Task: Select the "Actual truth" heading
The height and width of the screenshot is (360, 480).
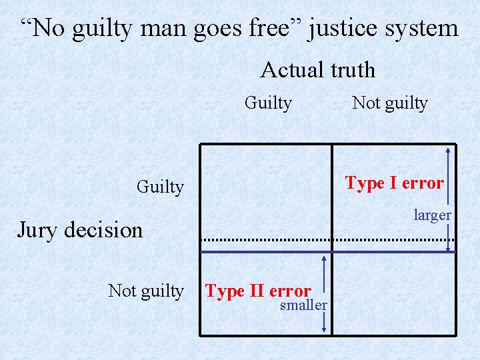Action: point(317,70)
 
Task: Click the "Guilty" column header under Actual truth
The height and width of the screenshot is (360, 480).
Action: point(268,103)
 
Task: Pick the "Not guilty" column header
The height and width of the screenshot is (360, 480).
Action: point(389,103)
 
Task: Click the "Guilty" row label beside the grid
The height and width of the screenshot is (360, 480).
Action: point(160,187)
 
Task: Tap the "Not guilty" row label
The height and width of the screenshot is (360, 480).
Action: point(145,291)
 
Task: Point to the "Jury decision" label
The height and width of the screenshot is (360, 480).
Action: point(79,230)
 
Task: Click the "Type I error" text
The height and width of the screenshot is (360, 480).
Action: point(394,183)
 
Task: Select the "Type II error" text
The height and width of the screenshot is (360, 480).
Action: point(258,291)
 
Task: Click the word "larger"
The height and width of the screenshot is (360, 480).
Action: point(432,215)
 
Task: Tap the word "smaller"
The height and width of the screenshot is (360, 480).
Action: point(303,305)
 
